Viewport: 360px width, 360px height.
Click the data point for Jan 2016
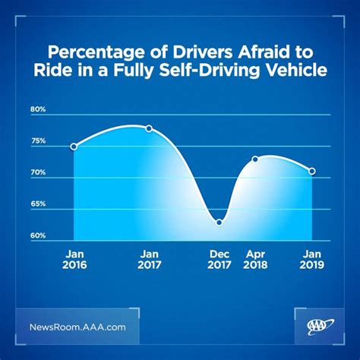tap(74, 146)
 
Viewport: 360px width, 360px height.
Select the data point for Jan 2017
tap(149, 128)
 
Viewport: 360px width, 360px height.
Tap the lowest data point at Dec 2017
tap(219, 222)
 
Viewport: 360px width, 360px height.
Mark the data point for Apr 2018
tap(255, 159)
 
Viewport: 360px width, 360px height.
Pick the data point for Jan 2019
tap(311, 171)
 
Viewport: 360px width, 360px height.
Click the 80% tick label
tap(38, 109)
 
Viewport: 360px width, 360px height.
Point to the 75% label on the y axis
tap(38, 141)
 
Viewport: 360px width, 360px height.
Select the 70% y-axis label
tap(38, 172)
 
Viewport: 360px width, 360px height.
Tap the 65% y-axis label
tap(38, 204)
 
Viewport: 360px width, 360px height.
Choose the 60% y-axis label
tap(38, 235)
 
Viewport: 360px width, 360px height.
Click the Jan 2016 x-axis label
tap(74, 259)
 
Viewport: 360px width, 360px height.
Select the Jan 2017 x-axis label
tap(149, 259)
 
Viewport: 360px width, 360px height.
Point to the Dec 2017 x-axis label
tap(219, 259)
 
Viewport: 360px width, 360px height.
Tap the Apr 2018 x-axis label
tap(256, 259)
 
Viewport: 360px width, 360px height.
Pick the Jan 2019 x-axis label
tap(311, 259)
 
